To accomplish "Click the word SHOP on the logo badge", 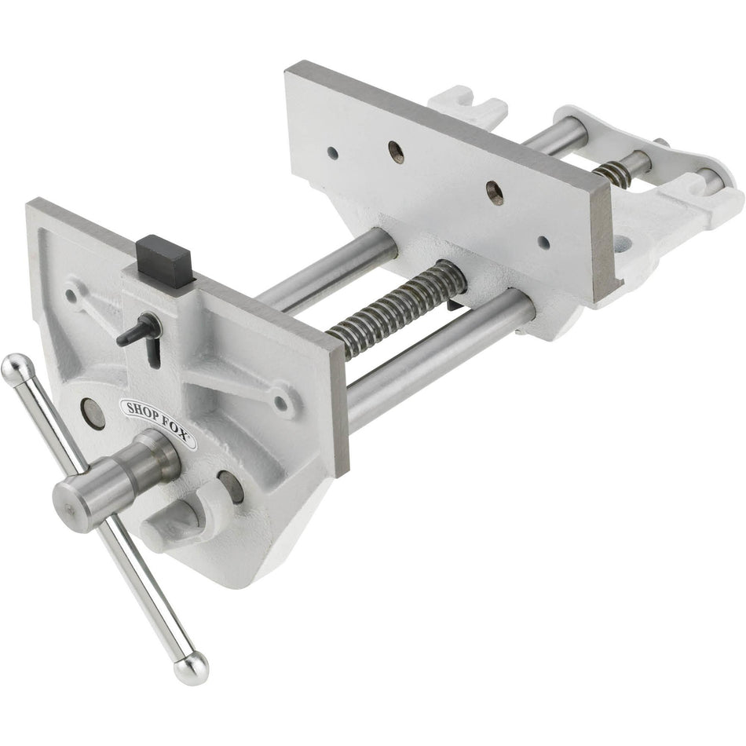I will tap(140, 411).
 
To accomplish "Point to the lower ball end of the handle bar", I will tap(191, 668).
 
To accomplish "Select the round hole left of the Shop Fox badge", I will tap(93, 413).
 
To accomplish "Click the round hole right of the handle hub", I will tap(230, 487).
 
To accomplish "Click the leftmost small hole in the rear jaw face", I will tap(332, 153).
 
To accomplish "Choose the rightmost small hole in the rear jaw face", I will tap(543, 242).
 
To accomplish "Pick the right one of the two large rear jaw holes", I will tap(494, 192).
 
